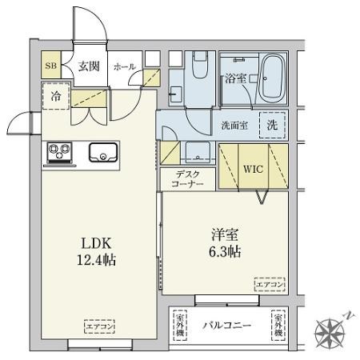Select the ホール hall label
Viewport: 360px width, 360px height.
124,67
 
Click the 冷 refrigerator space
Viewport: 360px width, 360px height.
56,94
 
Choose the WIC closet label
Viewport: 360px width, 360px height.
253,170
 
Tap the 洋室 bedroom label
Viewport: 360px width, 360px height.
226,236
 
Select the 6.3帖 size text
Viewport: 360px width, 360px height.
226,252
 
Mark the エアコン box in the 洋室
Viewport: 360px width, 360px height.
268,283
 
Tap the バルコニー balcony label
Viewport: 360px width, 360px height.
226,326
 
